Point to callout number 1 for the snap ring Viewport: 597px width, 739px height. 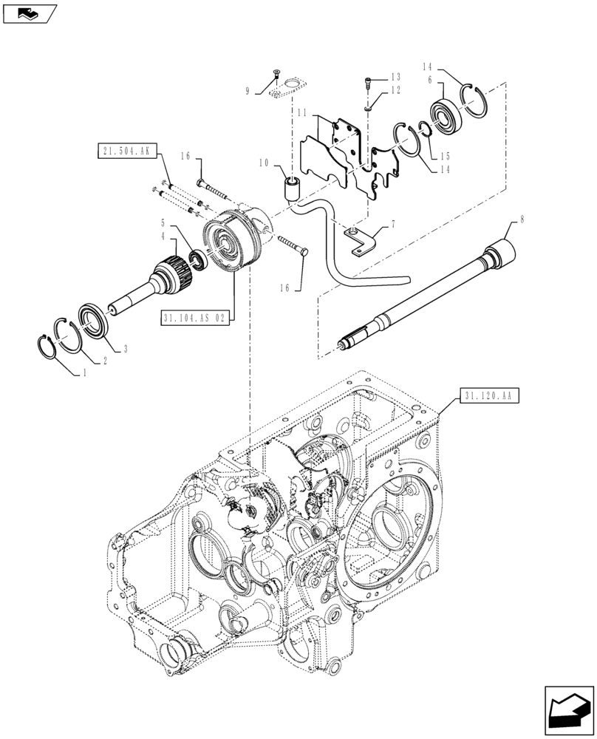84,374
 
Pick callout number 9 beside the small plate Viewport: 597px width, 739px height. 249,91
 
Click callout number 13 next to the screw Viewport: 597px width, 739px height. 395,77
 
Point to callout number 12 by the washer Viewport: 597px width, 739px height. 395,90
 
